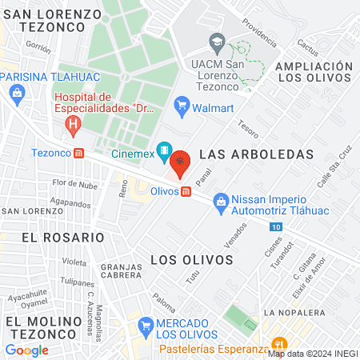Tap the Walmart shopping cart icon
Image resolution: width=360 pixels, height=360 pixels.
coord(182,104)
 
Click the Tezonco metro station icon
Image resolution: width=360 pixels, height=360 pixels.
coord(78,153)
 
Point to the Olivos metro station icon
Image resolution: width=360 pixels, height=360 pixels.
coord(186,192)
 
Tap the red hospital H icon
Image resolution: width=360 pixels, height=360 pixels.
coord(74,125)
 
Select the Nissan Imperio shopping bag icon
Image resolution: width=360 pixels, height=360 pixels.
coord(221,205)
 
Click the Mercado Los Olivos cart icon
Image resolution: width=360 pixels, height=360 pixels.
coord(145,326)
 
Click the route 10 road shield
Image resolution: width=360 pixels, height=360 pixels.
coord(276,228)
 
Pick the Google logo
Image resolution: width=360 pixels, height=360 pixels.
coord(26,350)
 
